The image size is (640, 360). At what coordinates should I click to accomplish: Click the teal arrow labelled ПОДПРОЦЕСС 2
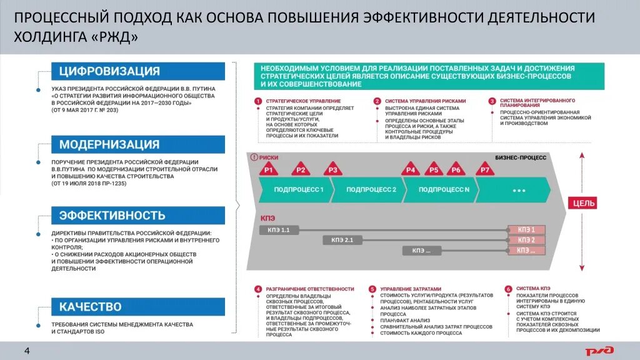pos(369,189)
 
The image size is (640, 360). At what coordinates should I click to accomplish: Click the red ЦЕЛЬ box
pos(582,203)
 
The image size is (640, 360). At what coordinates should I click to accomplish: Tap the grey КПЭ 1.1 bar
pos(278,230)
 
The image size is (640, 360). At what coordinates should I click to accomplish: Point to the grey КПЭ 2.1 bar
pos(344,240)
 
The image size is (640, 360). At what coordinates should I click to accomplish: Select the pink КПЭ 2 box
pos(527,240)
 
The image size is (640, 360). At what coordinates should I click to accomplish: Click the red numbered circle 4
pos(257,289)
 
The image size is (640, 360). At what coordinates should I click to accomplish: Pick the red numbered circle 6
pos(509,289)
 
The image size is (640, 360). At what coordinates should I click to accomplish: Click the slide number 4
pos(27,350)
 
